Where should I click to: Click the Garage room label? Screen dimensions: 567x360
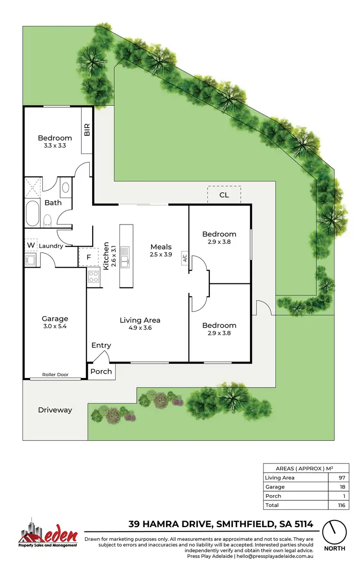55,319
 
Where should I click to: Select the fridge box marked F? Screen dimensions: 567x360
88,257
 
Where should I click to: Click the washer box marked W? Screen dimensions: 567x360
31,246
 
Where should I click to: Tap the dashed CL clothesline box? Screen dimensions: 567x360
224,195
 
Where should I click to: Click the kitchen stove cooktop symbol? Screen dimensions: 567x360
94,277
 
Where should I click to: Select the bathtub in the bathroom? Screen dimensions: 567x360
33,213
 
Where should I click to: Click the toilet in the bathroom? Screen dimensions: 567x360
48,220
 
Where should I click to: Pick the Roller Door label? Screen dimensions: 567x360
55,375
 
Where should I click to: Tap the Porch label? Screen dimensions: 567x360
101,371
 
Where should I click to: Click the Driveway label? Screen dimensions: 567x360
55,410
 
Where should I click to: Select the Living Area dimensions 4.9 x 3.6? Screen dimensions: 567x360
140,328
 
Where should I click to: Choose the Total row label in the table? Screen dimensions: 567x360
272,505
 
